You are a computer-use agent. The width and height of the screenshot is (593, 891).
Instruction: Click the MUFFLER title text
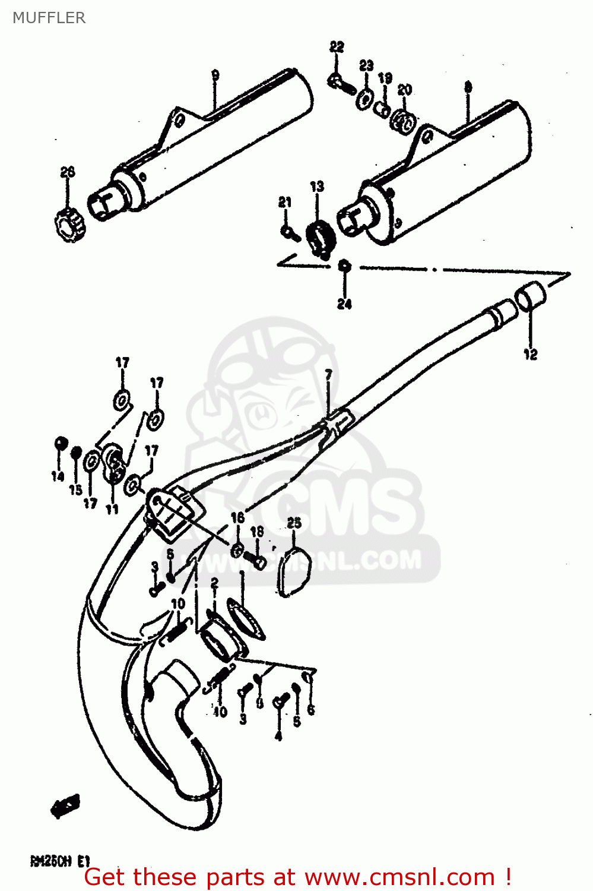pos(49,18)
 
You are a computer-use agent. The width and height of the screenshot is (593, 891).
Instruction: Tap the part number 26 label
pos(68,172)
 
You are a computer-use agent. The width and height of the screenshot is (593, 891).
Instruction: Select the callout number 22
pos(337,47)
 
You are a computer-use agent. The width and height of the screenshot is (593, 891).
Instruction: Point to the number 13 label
pos(317,187)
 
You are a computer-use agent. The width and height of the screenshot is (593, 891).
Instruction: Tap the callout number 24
pos(344,304)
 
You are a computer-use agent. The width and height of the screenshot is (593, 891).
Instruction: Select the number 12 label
pos(530,355)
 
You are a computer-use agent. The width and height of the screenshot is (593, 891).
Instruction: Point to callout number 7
pos(328,375)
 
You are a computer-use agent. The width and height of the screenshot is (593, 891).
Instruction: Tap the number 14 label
pos(58,476)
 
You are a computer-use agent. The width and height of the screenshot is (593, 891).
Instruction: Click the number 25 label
pos(294,523)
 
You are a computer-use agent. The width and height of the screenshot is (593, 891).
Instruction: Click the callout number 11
pos(112,509)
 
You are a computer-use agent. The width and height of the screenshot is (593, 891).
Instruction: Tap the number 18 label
pos(256,532)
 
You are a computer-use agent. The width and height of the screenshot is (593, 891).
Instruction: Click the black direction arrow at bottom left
pos(65,805)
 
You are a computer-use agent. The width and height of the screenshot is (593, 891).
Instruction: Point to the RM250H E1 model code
pos(59,861)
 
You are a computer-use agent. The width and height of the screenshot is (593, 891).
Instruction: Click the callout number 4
pos(278,737)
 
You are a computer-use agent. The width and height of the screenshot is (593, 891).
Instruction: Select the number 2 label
pos(214,584)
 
